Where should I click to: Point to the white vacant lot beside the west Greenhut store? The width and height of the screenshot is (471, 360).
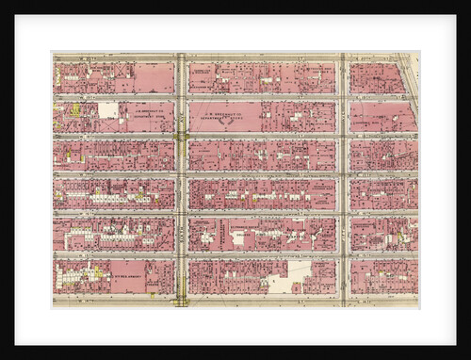click(x=109, y=110)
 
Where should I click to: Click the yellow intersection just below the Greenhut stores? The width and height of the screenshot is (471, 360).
click(x=180, y=136)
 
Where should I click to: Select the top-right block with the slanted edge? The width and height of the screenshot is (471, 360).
click(x=377, y=77)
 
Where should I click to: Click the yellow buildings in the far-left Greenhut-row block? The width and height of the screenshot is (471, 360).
click(x=73, y=110)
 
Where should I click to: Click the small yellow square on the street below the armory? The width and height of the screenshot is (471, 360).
click(x=152, y=295)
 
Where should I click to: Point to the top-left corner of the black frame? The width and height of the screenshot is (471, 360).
click(x=3, y=3)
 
